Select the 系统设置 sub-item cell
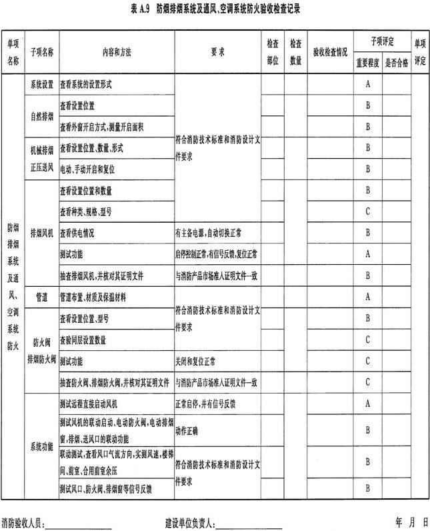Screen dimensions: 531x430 tap(41, 85)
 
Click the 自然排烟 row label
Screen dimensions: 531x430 tap(41, 115)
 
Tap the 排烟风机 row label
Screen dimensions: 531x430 tap(41, 233)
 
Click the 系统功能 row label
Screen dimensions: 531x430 tap(41, 446)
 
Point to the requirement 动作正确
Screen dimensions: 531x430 tap(189, 430)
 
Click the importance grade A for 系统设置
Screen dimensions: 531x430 tap(367, 85)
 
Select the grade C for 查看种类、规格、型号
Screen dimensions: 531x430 tap(367, 211)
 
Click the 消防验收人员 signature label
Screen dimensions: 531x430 tap(23, 522)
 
